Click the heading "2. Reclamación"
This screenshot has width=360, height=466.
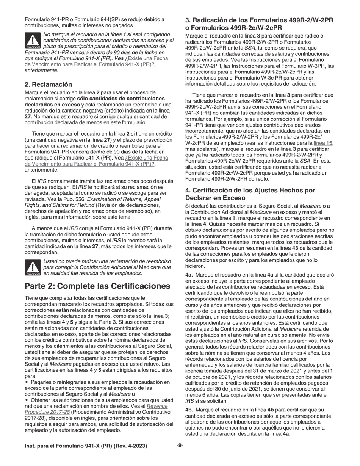pos(48,84)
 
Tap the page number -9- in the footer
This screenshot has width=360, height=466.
pos(180,445)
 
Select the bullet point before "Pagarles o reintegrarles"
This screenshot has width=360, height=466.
pos(27,382)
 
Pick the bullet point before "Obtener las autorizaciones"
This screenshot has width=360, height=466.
pos(27,400)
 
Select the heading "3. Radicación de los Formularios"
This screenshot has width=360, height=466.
pos(259,20)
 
